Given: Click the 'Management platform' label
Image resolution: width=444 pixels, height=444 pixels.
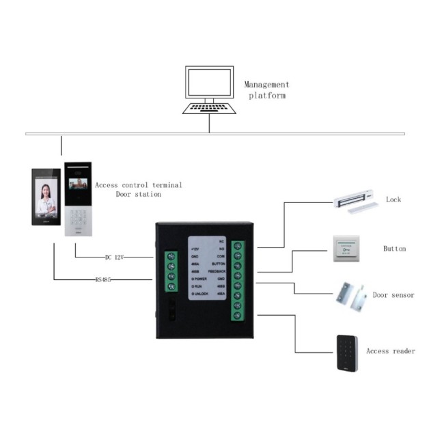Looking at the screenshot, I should (266, 90).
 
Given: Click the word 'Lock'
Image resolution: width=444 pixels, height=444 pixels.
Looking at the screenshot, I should (393, 200).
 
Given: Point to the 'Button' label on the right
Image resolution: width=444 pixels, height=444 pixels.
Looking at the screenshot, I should (394, 249).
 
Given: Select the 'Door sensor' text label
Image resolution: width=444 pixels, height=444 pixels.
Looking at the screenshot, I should (393, 296).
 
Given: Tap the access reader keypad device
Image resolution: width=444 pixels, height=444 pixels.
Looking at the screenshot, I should (348, 352).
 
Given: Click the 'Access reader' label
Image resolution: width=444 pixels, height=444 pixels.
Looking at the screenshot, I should (391, 351).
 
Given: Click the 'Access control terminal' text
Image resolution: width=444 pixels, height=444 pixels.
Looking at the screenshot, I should (139, 185).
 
